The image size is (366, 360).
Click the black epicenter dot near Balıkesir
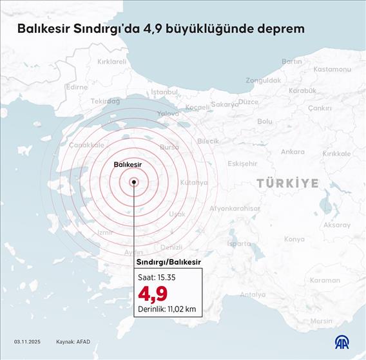[x=134, y=182]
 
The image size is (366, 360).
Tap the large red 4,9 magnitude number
[x=152, y=294]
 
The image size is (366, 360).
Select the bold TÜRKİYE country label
[x=288, y=184]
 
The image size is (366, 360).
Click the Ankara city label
[x=293, y=152]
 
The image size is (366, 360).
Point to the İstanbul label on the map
[x=164, y=92]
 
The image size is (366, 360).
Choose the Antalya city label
[x=253, y=295]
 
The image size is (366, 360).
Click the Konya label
[x=294, y=239]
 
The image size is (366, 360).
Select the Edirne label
[x=77, y=87]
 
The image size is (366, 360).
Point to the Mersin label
[x=322, y=321]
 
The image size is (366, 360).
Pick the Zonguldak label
[x=263, y=81]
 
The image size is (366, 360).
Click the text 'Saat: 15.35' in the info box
[x=157, y=277]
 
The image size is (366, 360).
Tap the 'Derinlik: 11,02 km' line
[x=166, y=310]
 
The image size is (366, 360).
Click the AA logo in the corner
[x=342, y=342]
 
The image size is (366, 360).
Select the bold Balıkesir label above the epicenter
[x=128, y=165]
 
